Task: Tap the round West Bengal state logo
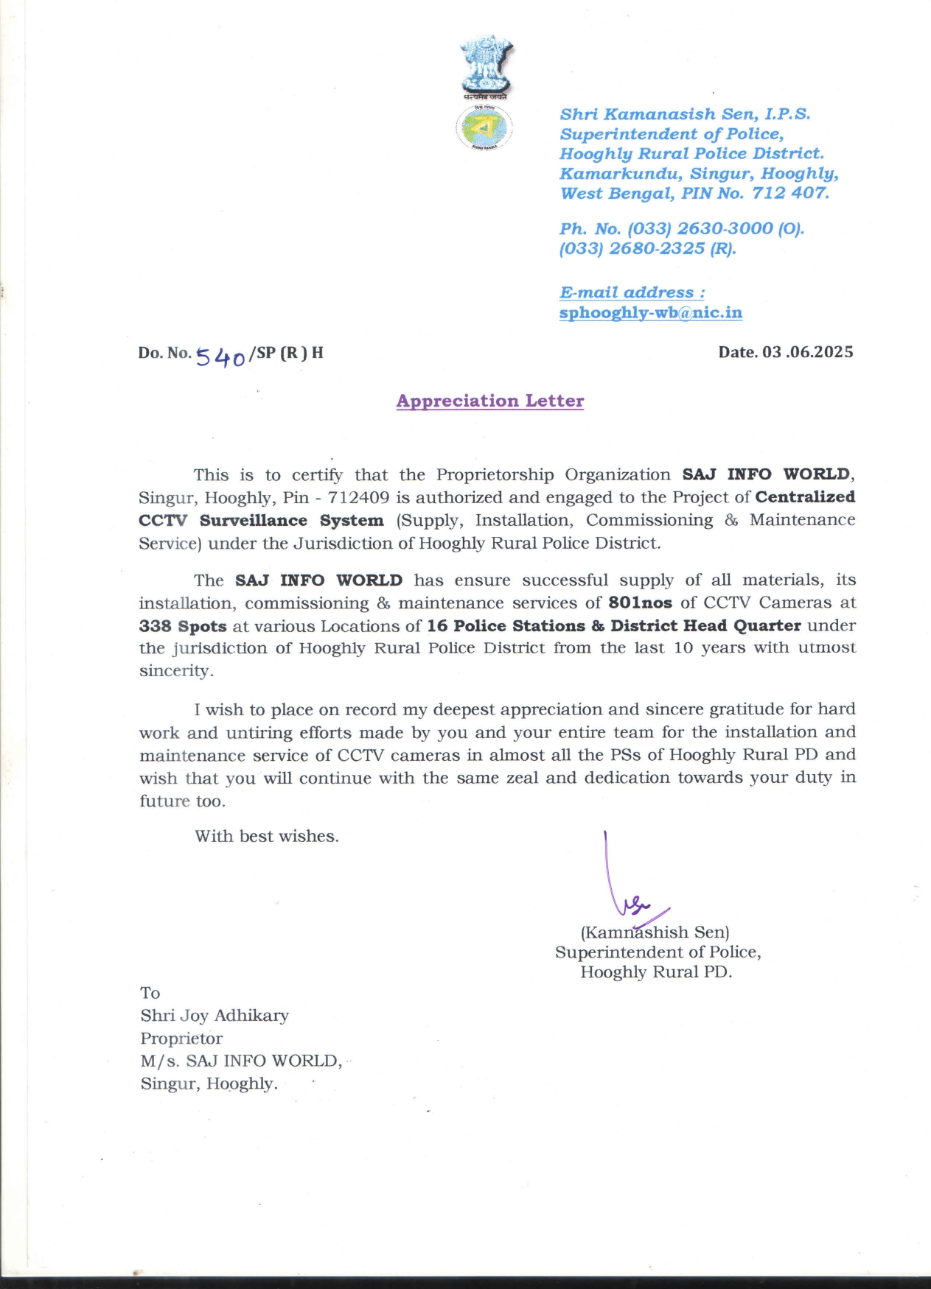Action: (484, 127)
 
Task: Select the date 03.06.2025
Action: (808, 352)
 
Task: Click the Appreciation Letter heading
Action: (490, 401)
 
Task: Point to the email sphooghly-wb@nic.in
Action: (650, 312)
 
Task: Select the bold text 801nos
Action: (640, 603)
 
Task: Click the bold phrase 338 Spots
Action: (183, 626)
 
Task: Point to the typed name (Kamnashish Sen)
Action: (655, 932)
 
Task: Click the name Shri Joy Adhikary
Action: (215, 1015)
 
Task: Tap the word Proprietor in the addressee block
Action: (181, 1038)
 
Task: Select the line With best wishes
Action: (267, 836)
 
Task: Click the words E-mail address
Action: (632, 292)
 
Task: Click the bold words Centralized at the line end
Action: (805, 497)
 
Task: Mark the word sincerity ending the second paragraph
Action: (175, 671)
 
